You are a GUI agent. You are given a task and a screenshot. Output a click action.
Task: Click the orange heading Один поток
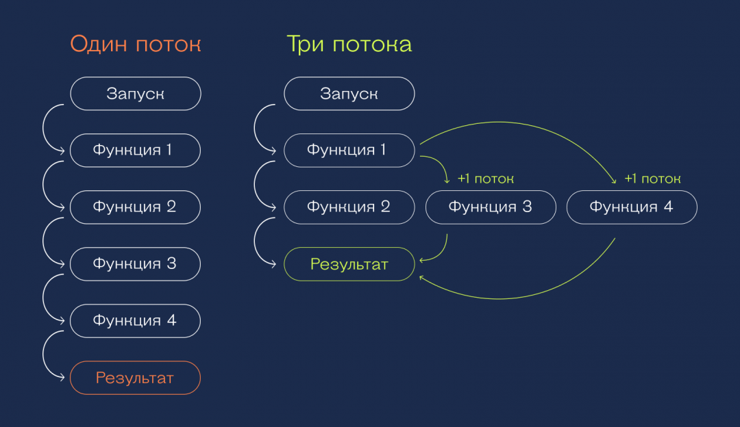(135, 44)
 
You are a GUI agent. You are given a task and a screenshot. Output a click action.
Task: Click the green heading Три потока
(349, 44)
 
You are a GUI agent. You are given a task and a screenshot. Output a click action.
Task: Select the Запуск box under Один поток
(135, 94)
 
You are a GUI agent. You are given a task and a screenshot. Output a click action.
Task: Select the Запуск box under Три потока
(349, 94)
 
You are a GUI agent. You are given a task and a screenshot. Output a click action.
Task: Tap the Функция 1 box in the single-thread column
(135, 151)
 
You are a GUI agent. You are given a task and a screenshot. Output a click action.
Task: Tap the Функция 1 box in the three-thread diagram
(349, 151)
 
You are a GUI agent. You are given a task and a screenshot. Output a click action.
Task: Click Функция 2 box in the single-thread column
(135, 207)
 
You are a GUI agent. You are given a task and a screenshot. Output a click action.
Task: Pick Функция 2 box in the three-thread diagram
(349, 207)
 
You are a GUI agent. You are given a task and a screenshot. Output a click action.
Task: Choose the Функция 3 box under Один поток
(135, 264)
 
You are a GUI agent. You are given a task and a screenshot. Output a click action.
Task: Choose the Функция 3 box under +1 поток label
(491, 207)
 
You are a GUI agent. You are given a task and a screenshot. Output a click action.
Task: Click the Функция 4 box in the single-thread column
(135, 321)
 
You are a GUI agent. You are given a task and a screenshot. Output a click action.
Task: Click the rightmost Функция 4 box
(632, 207)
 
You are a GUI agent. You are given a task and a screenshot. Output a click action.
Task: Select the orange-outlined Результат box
(135, 378)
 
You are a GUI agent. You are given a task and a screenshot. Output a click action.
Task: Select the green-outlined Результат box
(349, 264)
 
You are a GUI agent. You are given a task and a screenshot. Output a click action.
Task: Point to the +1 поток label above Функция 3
(485, 179)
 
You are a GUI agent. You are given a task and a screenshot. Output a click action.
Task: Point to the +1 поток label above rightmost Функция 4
(652, 179)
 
